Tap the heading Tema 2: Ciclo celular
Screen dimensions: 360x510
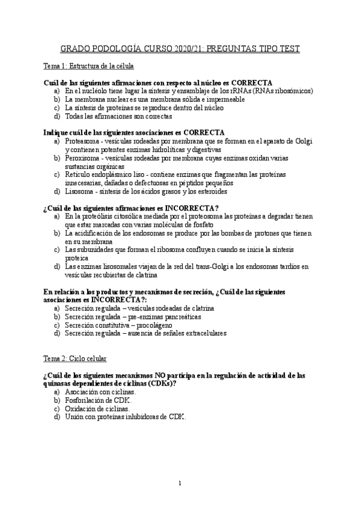tap(75, 358)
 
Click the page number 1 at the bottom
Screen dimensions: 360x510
tap(180, 483)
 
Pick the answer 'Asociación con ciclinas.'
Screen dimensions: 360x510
tap(100, 392)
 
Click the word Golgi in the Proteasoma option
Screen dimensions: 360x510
tap(302, 141)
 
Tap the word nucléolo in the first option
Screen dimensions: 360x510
tap(93, 91)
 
